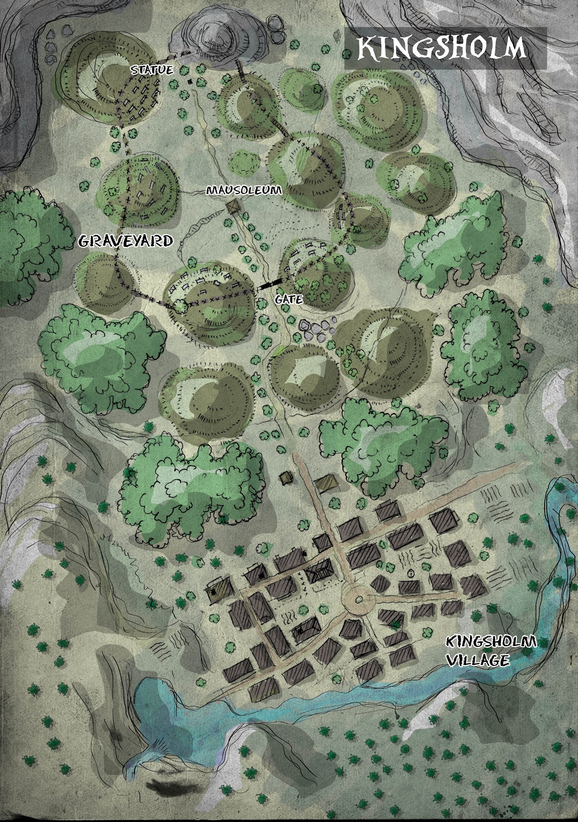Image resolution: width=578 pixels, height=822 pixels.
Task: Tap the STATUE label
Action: [152, 70]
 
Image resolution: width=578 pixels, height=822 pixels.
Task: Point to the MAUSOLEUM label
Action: [244, 190]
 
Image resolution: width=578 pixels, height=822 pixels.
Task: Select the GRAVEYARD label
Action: [126, 241]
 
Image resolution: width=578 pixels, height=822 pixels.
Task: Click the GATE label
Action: [289, 299]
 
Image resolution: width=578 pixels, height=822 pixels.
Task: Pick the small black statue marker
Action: [190, 82]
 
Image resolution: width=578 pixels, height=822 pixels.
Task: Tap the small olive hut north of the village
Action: [286, 476]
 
